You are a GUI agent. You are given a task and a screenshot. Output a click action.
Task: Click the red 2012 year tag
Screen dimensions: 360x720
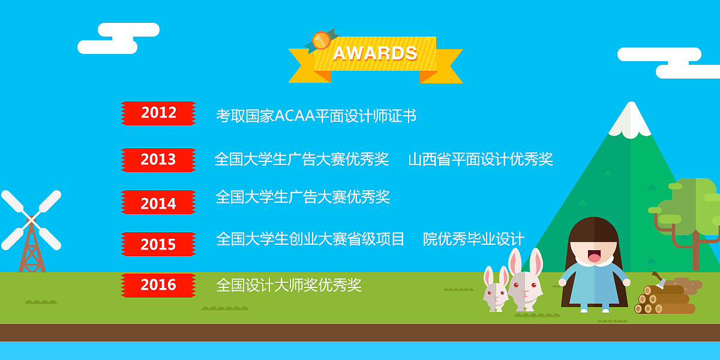(x=158, y=113)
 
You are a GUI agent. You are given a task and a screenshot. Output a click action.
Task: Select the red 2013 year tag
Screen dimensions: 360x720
(x=158, y=160)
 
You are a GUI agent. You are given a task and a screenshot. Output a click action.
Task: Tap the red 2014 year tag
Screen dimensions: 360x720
(x=158, y=203)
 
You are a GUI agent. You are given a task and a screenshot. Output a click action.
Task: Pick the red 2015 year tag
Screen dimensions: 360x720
(x=158, y=244)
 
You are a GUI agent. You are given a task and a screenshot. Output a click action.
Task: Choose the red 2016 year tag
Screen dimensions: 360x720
(x=158, y=285)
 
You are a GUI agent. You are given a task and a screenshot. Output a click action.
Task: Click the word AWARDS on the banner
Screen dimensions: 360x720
(x=375, y=54)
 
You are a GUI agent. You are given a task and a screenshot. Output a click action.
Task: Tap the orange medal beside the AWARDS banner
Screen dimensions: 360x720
(x=321, y=41)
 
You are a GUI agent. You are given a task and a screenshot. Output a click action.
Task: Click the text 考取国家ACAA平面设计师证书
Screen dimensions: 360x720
(x=316, y=116)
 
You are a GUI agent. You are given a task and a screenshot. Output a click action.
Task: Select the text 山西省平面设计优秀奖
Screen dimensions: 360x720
(x=481, y=160)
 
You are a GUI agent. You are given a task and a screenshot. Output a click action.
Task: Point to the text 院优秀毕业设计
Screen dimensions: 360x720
(x=474, y=239)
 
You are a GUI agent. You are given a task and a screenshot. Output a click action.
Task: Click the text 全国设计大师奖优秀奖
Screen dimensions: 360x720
(x=289, y=286)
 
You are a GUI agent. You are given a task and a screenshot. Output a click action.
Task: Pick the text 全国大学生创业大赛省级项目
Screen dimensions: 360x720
(x=310, y=239)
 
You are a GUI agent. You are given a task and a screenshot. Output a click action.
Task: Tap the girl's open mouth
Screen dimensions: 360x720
(x=594, y=257)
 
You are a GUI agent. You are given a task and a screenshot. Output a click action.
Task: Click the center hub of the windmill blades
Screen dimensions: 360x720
(x=31, y=220)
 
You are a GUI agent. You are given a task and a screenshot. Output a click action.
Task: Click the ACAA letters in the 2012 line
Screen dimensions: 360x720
(x=295, y=116)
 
